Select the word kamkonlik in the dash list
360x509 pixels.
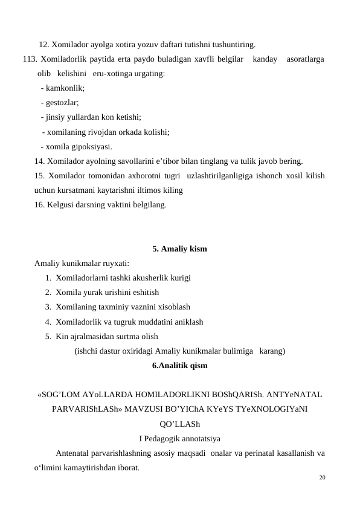click(65, 88)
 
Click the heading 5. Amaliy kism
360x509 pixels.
click(179, 248)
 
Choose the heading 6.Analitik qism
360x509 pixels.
click(179, 365)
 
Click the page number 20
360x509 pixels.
click(322, 478)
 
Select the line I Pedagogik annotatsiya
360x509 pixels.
click(179, 438)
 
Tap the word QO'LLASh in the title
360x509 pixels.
click(179, 423)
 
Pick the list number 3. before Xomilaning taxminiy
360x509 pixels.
click(48, 307)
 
